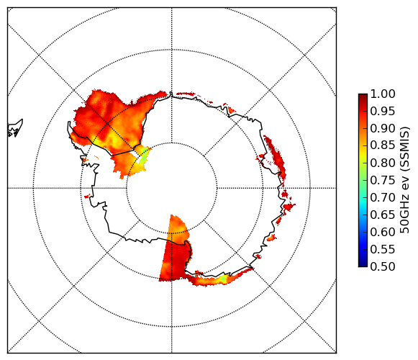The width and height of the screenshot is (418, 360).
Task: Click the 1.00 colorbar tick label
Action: pyautogui.click(x=383, y=94)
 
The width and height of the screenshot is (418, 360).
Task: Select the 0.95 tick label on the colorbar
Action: pyautogui.click(x=383, y=112)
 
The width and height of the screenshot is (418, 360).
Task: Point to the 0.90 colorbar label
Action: pyautogui.click(x=383, y=128)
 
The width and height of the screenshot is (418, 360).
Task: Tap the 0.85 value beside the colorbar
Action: pyautogui.click(x=383, y=145)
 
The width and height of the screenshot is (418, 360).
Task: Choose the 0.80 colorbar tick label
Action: pyautogui.click(x=383, y=163)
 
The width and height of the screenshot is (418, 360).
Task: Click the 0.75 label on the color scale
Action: pyautogui.click(x=383, y=181)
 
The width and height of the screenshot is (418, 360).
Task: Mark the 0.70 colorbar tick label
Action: pyautogui.click(x=383, y=198)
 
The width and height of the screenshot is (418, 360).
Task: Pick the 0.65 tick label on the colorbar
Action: pyautogui.click(x=383, y=215)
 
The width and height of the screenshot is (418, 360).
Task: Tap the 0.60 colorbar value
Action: pyautogui.click(x=383, y=232)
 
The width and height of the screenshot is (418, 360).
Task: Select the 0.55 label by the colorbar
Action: pyautogui.click(x=383, y=250)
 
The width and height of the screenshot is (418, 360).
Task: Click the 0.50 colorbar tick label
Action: pyautogui.click(x=383, y=266)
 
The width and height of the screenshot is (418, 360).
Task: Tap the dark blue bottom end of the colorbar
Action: pyautogui.click(x=363, y=264)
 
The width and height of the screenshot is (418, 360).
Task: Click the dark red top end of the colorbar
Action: pyautogui.click(x=363, y=96)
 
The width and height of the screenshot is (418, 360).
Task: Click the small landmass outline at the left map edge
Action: pyautogui.click(x=14, y=129)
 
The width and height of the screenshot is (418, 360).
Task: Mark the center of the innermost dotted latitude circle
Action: pyautogui.click(x=172, y=188)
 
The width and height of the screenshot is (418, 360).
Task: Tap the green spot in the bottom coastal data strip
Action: pyautogui.click(x=224, y=279)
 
